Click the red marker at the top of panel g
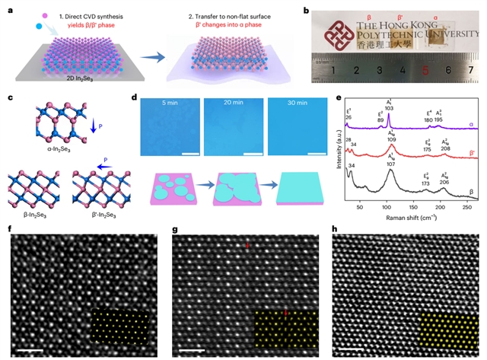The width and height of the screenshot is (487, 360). pyautogui.click(x=248, y=247)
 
